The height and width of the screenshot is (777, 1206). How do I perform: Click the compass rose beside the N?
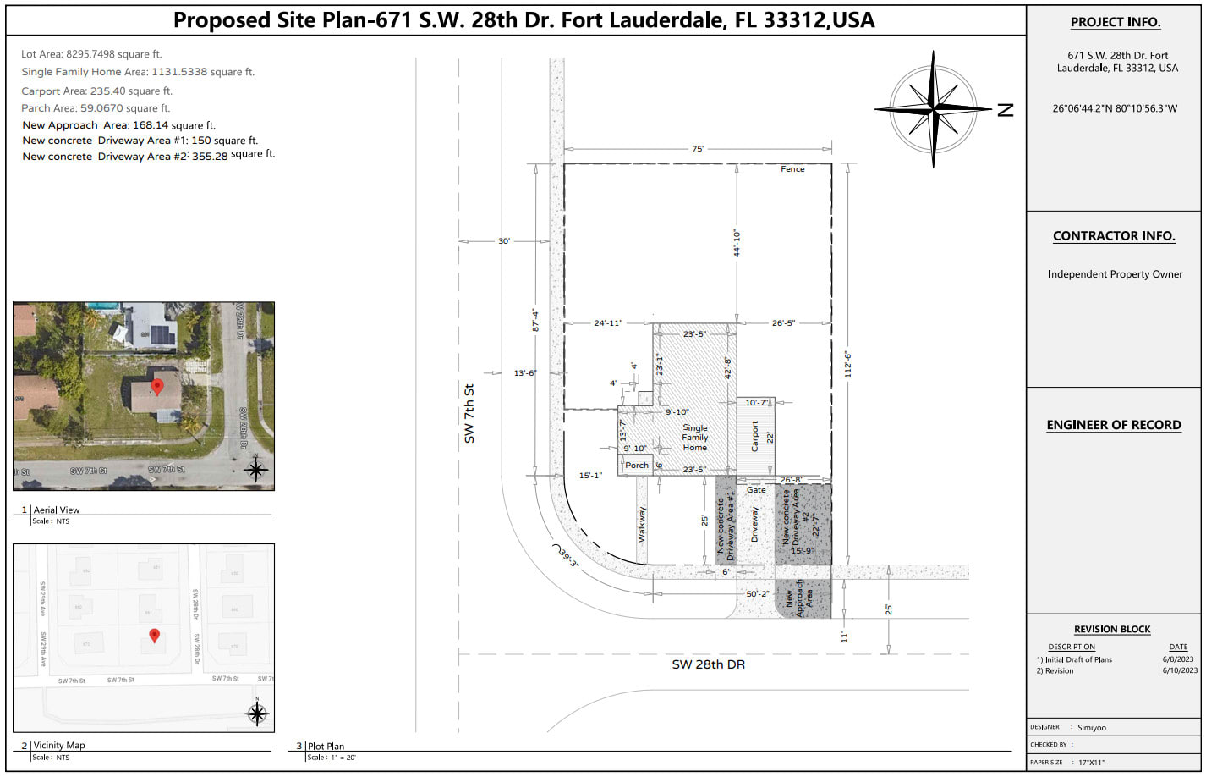click(933, 108)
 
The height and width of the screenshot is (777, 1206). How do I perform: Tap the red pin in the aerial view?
click(156, 387)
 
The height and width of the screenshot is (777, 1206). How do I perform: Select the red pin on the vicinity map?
click(154, 635)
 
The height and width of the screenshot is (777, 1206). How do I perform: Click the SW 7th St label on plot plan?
click(469, 414)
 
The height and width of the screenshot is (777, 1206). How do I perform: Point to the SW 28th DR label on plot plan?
click(708, 664)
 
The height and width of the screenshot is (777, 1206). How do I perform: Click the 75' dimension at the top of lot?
click(698, 149)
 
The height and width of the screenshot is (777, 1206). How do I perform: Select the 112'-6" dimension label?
click(847, 365)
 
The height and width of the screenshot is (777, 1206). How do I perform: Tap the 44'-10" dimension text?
click(737, 243)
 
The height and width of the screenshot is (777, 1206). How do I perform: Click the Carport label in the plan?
click(755, 436)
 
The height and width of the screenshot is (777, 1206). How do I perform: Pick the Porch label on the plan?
click(637, 466)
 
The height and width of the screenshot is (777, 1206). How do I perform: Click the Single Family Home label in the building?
click(695, 438)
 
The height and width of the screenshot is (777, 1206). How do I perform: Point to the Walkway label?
click(642, 524)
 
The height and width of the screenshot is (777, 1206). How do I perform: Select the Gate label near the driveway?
click(756, 490)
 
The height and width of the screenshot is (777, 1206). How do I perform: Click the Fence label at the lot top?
click(792, 169)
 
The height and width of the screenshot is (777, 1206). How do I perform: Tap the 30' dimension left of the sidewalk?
click(504, 241)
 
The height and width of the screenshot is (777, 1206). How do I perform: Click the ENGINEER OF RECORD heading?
click(1113, 425)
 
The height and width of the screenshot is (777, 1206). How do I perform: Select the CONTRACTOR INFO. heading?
click(1114, 236)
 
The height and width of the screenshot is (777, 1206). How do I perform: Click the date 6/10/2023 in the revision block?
click(1180, 670)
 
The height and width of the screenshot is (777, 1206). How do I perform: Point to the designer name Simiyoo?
click(1091, 727)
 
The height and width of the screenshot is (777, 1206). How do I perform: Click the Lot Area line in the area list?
click(91, 54)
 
